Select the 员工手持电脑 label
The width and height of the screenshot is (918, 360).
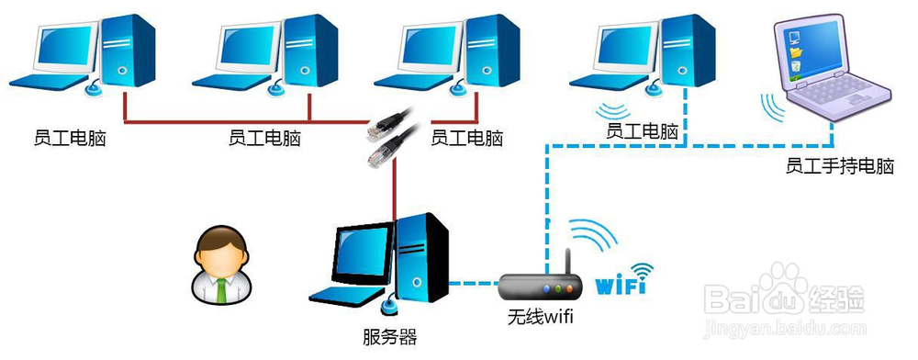pos(840,167)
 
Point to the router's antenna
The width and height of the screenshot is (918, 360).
pos(568,262)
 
